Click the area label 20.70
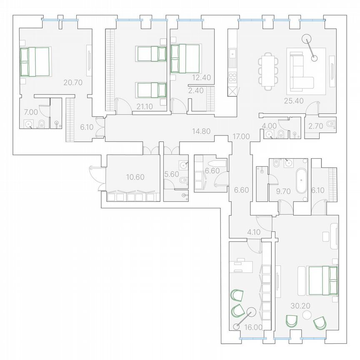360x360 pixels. point(72,82)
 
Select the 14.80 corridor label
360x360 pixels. point(201,131)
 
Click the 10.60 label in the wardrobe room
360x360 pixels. point(135,177)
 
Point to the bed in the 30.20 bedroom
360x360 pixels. point(323,280)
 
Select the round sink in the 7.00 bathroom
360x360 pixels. point(29,123)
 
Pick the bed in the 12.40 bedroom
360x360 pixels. point(185,58)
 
